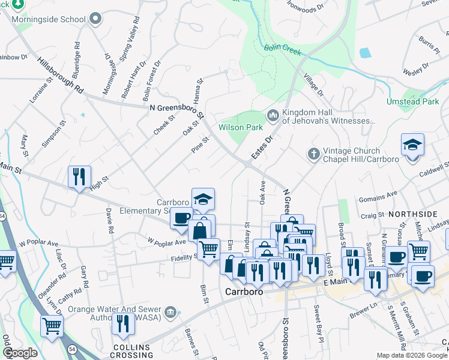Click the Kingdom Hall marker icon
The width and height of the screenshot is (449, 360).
(x=273, y=114)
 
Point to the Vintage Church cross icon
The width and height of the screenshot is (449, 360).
(x=313, y=154)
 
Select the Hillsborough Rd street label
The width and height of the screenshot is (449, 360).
(x=60, y=75)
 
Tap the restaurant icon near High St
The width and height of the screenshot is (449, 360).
(x=79, y=176)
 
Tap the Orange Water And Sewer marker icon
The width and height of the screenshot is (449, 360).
(x=171, y=311)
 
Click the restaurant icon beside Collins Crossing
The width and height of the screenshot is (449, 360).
(x=123, y=325)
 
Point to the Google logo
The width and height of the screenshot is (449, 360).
(x=20, y=353)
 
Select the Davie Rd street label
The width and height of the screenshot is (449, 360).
(x=109, y=220)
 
